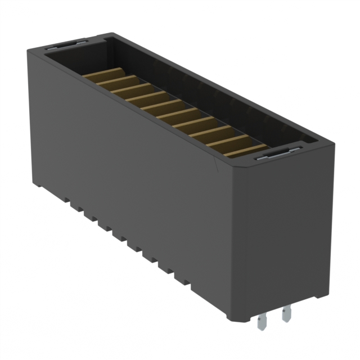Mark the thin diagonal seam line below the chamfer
pos(218,165)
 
